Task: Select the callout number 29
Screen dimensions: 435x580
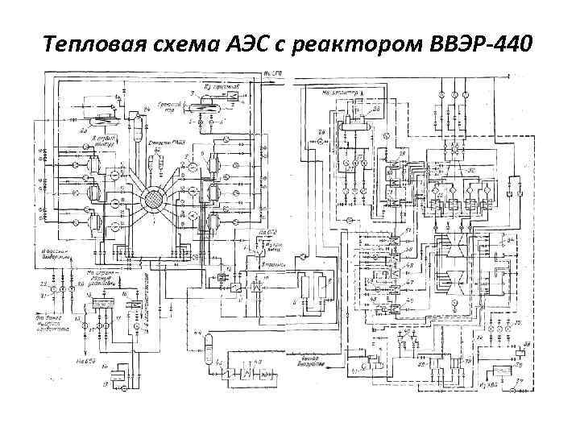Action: click(x=321, y=131)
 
